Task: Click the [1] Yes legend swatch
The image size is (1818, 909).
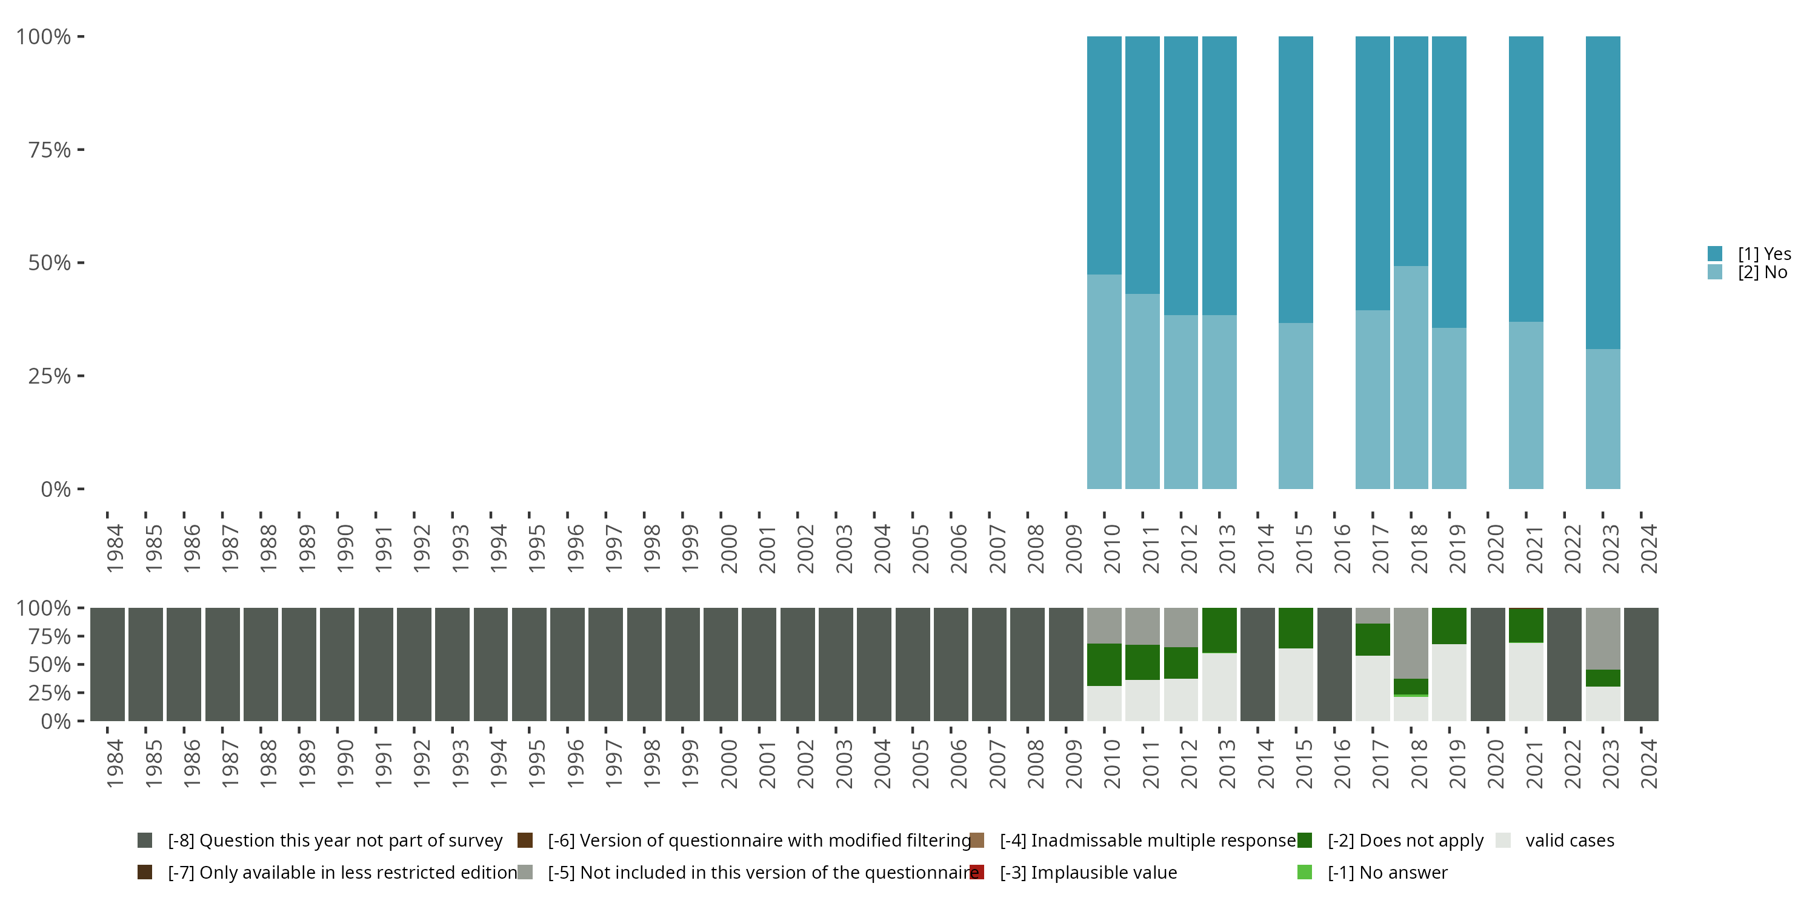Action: click(1715, 254)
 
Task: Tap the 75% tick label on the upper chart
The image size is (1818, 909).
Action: click(50, 150)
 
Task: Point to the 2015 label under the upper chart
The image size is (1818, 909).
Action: click(1304, 549)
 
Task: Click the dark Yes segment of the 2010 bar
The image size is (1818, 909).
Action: click(1104, 155)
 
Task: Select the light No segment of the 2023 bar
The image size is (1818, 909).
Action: click(1603, 419)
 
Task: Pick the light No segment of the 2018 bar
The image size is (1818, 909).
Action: click(1411, 377)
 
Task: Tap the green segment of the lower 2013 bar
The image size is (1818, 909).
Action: click(1219, 630)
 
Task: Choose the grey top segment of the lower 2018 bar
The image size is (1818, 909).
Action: click(1411, 643)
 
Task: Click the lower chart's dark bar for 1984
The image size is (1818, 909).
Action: click(107, 664)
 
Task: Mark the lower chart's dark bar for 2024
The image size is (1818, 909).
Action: click(1641, 664)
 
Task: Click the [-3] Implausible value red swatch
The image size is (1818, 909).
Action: click(977, 872)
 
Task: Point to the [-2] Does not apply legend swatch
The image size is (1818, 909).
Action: click(1304, 841)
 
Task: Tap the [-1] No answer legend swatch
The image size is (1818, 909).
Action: click(1304, 872)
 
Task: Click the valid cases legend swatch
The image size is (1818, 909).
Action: click(1503, 841)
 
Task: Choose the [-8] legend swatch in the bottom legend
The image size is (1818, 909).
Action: click(145, 841)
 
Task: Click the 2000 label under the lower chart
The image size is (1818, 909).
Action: click(728, 764)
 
